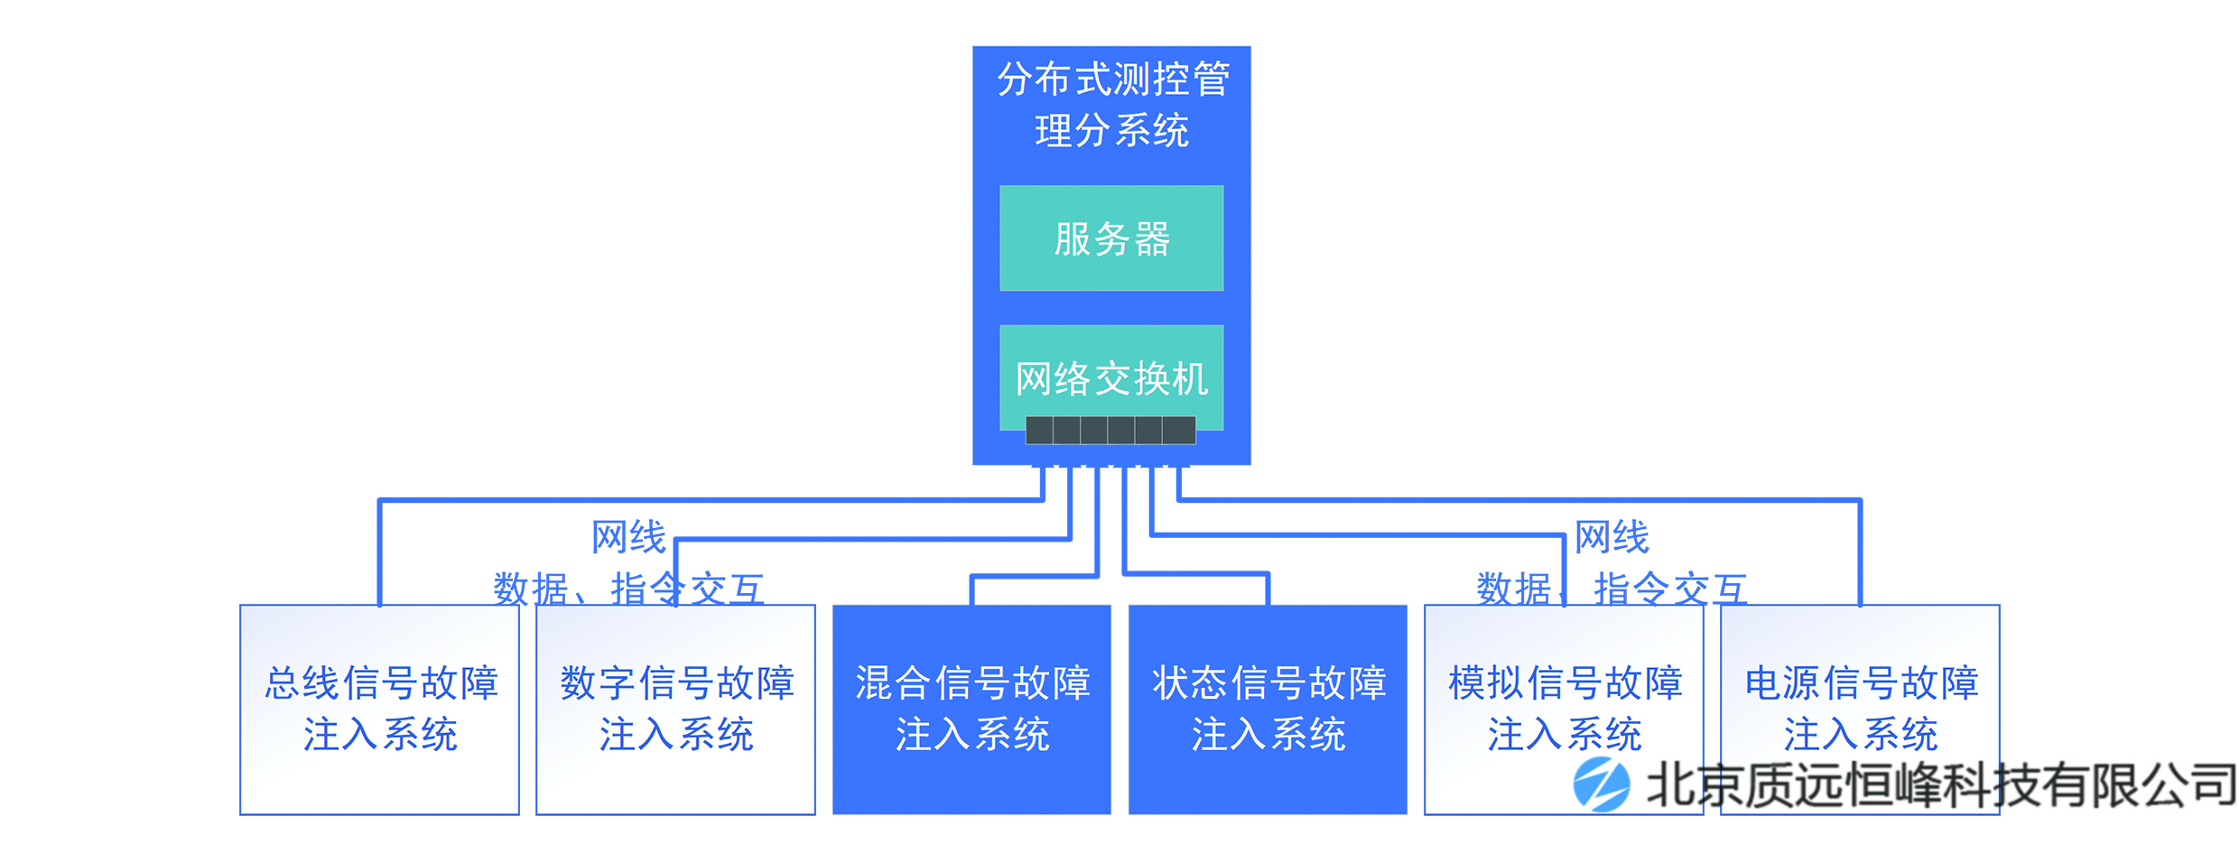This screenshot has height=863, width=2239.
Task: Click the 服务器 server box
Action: pos(1111,238)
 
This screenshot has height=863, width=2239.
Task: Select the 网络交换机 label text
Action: pos(1111,378)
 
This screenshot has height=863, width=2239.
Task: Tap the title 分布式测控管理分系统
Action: pos(1111,105)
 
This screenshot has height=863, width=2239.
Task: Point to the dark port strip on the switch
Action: pos(1110,431)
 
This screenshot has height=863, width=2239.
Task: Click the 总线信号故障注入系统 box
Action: pos(379,709)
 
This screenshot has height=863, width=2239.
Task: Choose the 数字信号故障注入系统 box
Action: pos(675,709)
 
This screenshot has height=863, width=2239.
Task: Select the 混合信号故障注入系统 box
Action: pos(971,709)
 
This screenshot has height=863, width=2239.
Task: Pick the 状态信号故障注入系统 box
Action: pos(1268,709)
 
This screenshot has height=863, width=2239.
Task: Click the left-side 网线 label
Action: pos(628,537)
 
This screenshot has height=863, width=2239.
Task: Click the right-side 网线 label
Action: pos(1612,537)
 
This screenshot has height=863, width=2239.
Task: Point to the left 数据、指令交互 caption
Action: pos(628,589)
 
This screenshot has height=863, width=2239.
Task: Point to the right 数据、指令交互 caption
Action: pos(1612,589)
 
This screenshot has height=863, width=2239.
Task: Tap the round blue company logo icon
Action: pos(1601,784)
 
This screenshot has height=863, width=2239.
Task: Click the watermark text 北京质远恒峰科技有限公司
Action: pos(1941,784)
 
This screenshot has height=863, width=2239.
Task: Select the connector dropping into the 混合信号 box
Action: pos(972,589)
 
